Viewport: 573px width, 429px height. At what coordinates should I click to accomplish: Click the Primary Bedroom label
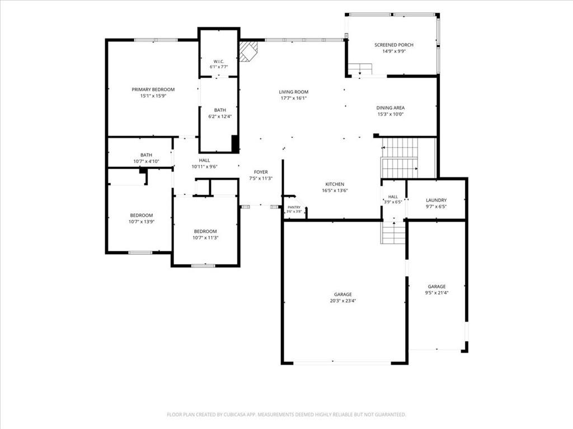point(153,89)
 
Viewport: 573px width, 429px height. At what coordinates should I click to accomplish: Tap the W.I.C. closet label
point(219,61)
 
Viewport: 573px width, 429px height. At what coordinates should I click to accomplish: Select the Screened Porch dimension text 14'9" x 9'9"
point(394,51)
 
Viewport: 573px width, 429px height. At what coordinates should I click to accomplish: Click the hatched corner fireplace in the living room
point(248,51)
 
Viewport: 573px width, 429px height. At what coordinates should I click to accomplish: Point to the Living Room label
point(293,92)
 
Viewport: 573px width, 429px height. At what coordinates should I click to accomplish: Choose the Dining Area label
point(390,108)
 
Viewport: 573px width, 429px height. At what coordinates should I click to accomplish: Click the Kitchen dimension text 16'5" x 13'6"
point(335,190)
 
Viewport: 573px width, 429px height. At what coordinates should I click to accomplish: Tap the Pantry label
point(294,207)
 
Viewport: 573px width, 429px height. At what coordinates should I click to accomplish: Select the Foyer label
point(261,172)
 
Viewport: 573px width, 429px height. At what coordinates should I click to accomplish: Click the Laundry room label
point(436,200)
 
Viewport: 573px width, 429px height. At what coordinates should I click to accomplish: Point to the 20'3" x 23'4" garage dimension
point(343,301)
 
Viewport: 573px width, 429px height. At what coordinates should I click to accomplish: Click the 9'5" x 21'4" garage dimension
point(436,293)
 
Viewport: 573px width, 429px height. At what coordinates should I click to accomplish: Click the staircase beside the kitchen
point(400,158)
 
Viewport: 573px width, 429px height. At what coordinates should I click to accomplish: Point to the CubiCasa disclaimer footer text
point(286,414)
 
